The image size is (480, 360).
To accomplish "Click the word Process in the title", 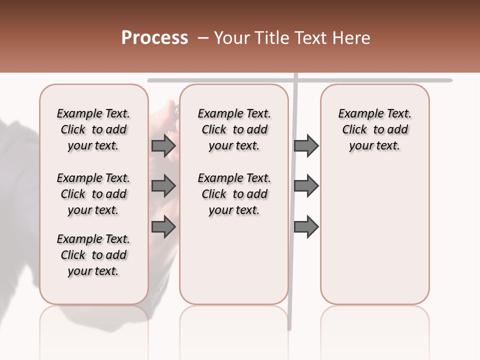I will [x=154, y=37].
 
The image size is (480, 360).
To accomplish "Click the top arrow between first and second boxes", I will [x=163, y=145].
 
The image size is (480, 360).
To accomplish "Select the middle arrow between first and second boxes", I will [x=163, y=186].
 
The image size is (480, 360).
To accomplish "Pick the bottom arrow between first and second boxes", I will [x=163, y=226].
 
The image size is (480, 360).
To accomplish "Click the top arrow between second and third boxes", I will [x=306, y=145].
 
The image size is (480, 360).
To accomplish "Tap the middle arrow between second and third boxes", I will [x=306, y=186].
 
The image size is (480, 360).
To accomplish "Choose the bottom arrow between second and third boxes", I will [x=306, y=226].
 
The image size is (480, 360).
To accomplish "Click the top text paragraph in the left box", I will [x=93, y=129].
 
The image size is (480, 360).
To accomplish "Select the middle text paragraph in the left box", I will [x=93, y=194].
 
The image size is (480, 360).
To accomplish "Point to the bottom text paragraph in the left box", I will [x=93, y=255].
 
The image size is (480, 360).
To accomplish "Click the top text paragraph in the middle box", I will [x=234, y=129].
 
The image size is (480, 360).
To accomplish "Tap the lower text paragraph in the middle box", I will [x=234, y=194].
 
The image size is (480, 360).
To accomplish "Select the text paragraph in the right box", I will [x=375, y=129].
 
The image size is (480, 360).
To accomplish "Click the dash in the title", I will [x=202, y=38].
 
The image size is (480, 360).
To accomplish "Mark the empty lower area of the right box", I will [x=375, y=235].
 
